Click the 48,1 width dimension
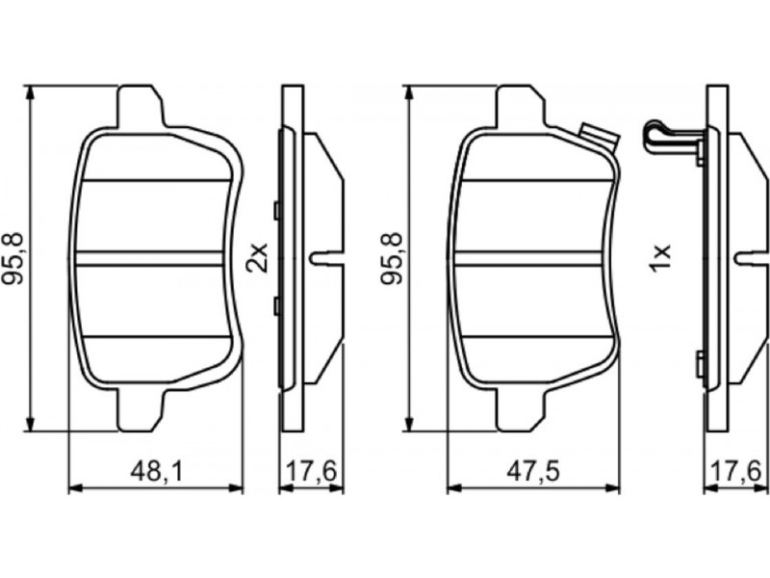tap(157, 473)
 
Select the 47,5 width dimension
tap(533, 473)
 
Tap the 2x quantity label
tap(257, 257)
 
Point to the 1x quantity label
tap(659, 257)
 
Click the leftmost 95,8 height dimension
tap(13, 258)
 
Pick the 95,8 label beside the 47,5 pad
tap(392, 258)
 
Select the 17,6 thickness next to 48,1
tap(311, 473)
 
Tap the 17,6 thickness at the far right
tap(736, 473)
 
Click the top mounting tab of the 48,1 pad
tap(141, 106)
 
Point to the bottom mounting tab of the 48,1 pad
tap(141, 411)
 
